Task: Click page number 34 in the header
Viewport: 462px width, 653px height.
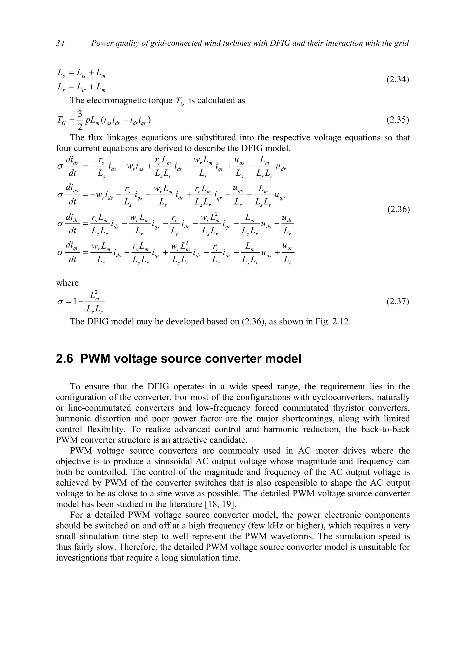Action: pyautogui.click(x=60, y=43)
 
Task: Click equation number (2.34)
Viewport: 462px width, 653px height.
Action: pyautogui.click(x=398, y=80)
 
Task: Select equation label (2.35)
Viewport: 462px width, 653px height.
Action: pyautogui.click(x=398, y=120)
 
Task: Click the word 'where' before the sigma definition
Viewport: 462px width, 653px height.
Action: pyautogui.click(x=67, y=283)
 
